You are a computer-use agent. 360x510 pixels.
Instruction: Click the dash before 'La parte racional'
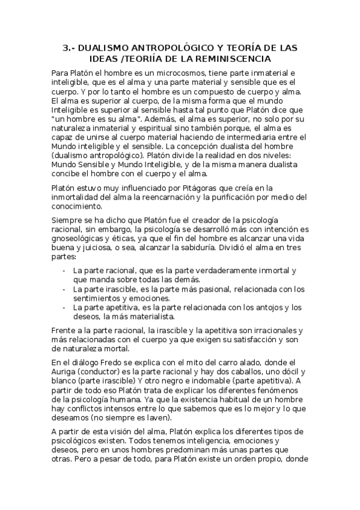64,271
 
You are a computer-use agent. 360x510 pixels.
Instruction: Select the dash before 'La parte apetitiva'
64,307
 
